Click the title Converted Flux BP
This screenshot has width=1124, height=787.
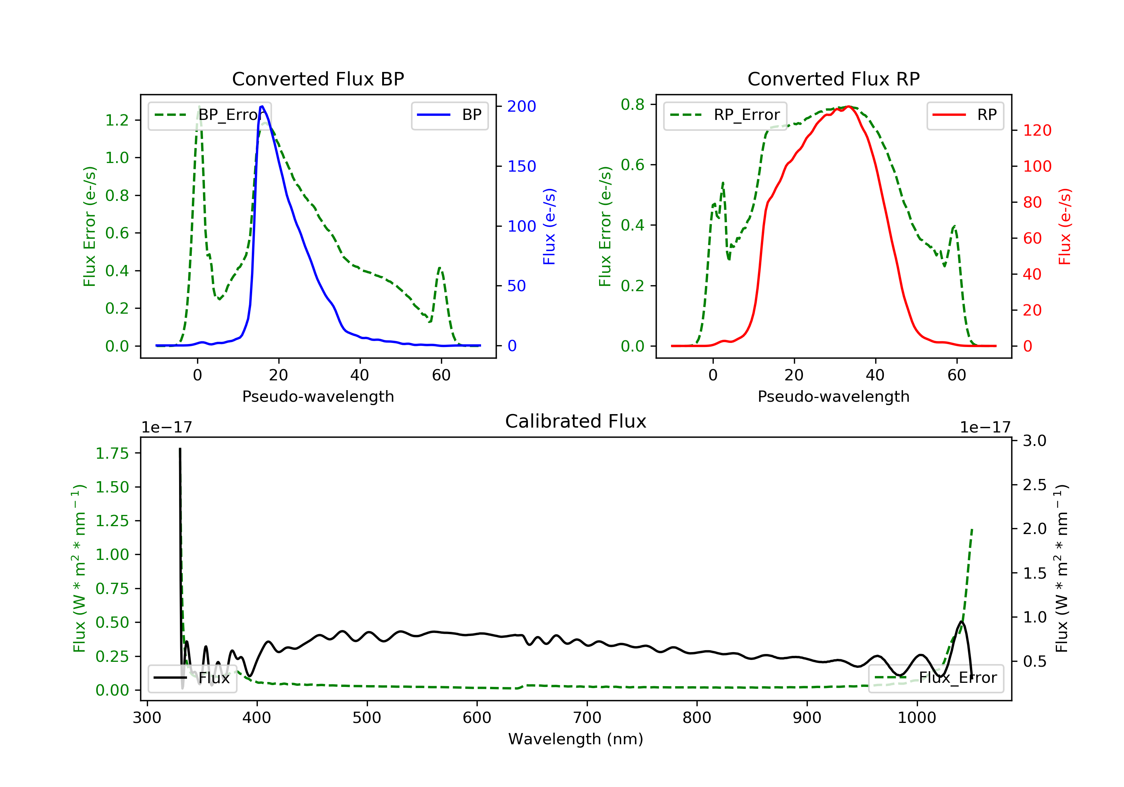(318, 79)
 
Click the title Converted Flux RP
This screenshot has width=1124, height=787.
(834, 79)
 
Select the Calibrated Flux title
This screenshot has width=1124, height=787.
(576, 421)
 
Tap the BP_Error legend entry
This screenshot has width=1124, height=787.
(209, 115)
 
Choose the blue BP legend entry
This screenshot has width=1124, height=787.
(449, 115)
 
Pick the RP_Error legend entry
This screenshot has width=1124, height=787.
(725, 115)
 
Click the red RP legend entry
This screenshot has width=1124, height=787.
(965, 115)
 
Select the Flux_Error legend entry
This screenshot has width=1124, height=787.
(936, 678)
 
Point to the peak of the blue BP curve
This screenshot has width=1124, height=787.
(262, 106)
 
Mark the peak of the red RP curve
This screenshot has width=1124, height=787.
(848, 106)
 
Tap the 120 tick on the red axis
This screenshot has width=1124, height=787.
(1037, 130)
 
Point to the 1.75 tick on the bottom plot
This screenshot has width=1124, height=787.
(112, 453)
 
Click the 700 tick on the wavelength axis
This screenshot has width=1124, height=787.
(587, 717)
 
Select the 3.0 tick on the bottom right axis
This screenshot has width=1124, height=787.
(1034, 441)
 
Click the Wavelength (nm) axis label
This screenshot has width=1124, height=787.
(576, 739)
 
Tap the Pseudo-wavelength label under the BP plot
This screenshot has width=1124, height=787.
(318, 396)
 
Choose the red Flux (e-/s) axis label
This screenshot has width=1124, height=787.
(1065, 226)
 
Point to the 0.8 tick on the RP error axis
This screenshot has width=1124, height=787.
(632, 104)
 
